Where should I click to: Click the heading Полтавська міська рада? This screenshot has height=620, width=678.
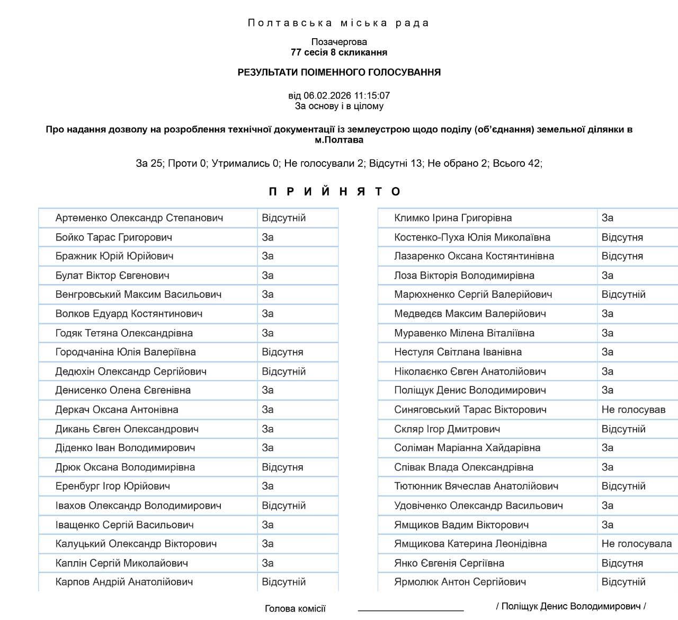point(338,23)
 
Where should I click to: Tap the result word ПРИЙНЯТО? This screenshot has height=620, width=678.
point(335,191)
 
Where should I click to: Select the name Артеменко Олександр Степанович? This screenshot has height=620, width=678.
point(139,218)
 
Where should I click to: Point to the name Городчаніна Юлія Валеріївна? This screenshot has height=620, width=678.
point(126,352)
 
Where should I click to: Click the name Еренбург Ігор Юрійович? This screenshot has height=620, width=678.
point(113,486)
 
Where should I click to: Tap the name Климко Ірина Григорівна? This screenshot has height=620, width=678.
point(453,218)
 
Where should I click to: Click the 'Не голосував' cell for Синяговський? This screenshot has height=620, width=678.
point(633,410)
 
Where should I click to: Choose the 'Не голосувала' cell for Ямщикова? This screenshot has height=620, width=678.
point(636,544)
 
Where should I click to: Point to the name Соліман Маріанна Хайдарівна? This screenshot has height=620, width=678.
point(467,448)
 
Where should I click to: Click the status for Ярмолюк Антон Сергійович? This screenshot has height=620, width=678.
point(623,582)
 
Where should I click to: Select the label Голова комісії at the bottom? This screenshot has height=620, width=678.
point(295,608)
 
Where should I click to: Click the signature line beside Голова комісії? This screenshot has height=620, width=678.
point(411,610)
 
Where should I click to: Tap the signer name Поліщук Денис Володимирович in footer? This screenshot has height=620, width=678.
point(571,606)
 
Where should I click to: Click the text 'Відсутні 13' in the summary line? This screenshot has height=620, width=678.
point(396,163)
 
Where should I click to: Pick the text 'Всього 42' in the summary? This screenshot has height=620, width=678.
point(516,163)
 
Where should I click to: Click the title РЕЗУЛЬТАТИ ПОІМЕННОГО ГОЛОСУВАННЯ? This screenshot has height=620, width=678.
point(339,72)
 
